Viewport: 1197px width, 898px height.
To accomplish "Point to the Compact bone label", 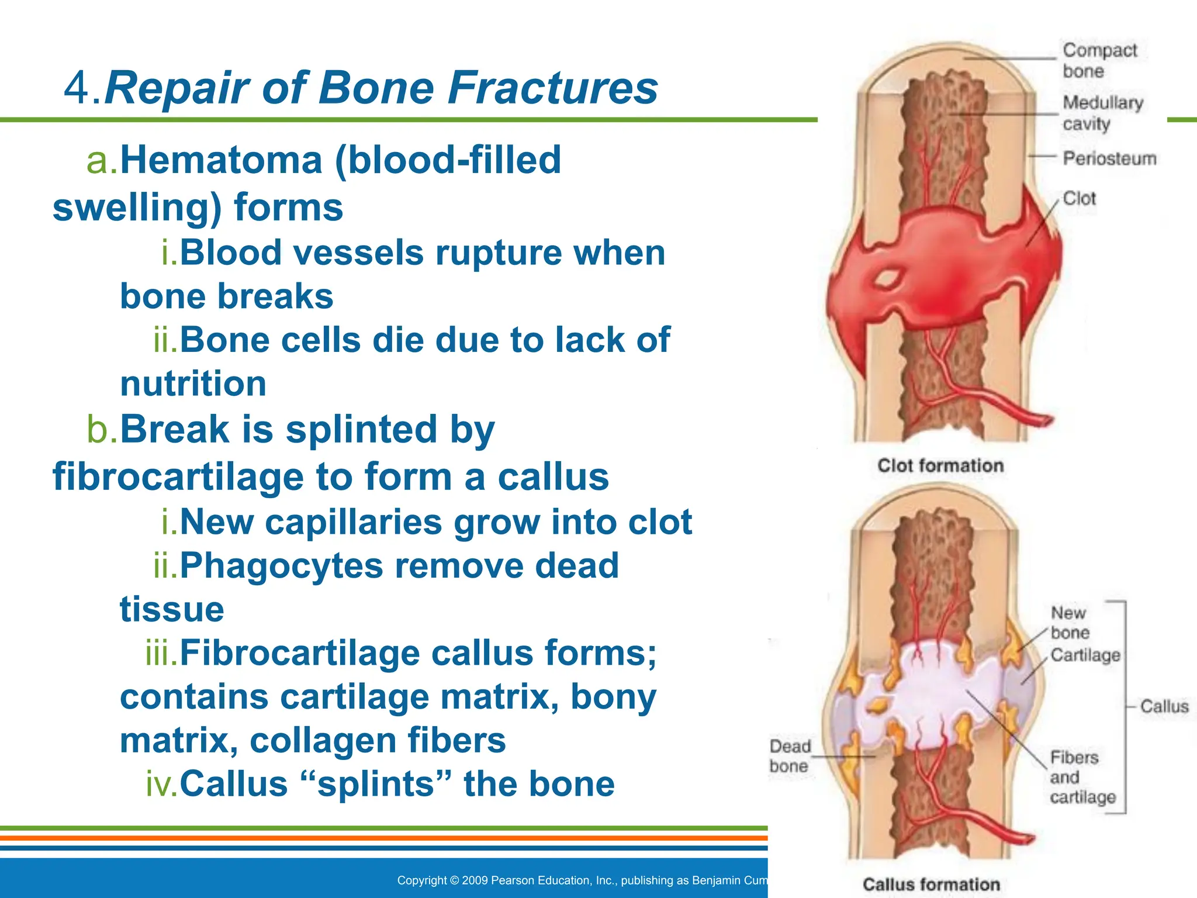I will (1099, 60).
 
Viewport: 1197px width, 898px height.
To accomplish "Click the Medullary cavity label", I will (1102, 113).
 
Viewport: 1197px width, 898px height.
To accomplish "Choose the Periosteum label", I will (1109, 158).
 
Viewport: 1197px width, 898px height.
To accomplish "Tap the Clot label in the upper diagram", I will (1078, 199).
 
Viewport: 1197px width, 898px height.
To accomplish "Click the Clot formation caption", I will (940, 466).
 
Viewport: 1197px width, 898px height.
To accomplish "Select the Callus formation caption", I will (931, 885).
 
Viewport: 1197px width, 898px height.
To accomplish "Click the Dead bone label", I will (790, 756).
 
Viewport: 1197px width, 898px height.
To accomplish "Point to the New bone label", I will (1069, 623).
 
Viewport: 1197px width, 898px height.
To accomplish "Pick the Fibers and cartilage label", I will (1081, 778).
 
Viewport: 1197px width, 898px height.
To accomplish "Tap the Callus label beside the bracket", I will (1164, 706).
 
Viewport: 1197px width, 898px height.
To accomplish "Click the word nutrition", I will (193, 384).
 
